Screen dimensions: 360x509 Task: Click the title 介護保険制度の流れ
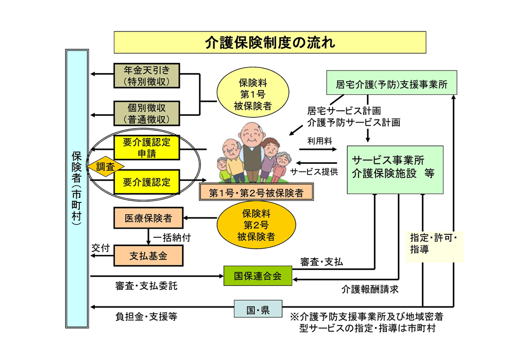tap(269, 42)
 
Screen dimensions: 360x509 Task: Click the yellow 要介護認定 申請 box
tap(146, 147)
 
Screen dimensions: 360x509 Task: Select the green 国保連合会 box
tap(258, 276)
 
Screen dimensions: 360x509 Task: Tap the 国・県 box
tap(258, 310)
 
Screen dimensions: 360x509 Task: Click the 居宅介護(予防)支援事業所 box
tap(392, 83)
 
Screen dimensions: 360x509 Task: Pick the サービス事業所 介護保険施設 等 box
tap(395, 169)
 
